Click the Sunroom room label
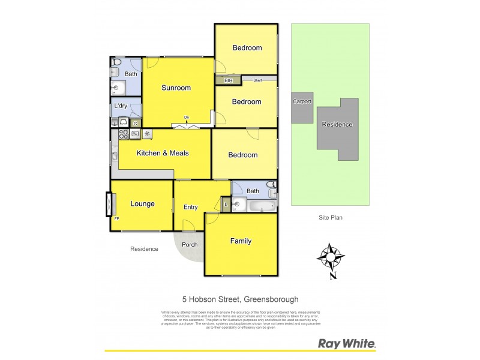tap(176, 88)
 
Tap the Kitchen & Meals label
tap(163, 153)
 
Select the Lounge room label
tap(142, 203)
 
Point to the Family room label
tap(241, 241)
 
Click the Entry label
tap(190, 207)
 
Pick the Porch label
tap(190, 244)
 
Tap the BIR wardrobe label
tap(228, 80)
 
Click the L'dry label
tap(121, 106)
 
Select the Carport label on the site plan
tap(302, 101)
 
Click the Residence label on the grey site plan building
tap(337, 125)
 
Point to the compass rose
tap(331, 257)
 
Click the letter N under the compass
tap(332, 276)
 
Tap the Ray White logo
tap(346, 344)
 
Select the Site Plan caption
tap(329, 218)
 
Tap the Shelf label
tap(257, 80)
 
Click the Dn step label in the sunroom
tap(187, 117)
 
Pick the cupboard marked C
tap(135, 123)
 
